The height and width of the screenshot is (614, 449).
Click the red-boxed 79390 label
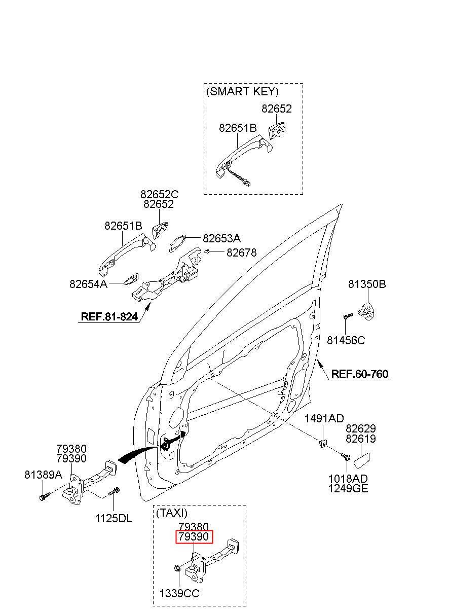(194, 536)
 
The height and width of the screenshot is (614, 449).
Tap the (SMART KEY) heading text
(242, 91)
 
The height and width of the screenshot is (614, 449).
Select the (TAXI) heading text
(172, 513)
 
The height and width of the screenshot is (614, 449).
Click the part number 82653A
(221, 238)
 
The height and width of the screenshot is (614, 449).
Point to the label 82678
(242, 252)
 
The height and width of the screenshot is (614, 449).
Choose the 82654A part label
(88, 284)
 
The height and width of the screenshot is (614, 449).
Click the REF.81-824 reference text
(109, 316)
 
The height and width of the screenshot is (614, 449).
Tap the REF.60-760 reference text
(360, 374)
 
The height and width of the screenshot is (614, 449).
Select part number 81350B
(367, 284)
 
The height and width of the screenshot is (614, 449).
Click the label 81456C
(346, 340)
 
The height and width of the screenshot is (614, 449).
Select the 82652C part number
(160, 194)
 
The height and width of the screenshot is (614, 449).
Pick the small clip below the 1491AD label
(323, 443)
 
